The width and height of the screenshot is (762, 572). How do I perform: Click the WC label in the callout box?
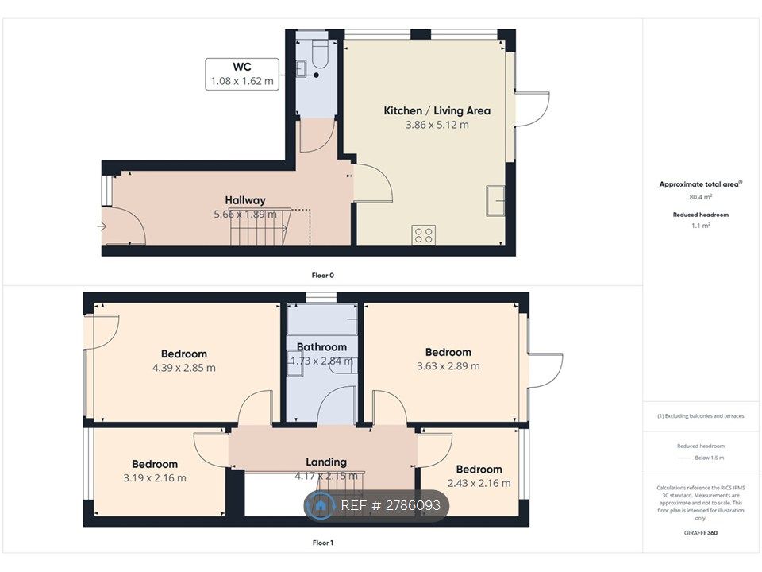pos(241,68)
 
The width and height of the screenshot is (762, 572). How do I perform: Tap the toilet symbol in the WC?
pos(320,53)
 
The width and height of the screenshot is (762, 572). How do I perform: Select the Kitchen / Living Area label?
pos(437,110)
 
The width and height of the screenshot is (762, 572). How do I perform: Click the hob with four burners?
pos(424,234)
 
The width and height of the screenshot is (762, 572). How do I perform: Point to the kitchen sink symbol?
pos(497,199)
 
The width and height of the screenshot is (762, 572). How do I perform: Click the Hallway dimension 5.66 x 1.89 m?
pos(244,214)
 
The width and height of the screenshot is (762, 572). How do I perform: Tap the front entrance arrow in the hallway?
pos(102,227)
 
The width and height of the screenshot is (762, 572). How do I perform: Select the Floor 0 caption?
pos(322,275)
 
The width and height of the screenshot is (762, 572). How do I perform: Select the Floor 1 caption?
pos(322,543)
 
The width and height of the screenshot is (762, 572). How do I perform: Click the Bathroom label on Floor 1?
pos(321,347)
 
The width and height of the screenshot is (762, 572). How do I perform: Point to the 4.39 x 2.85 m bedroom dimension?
pos(183,368)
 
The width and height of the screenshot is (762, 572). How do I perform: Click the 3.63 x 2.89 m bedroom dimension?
pos(448,366)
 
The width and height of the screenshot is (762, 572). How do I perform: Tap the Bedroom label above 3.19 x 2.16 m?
pos(155,464)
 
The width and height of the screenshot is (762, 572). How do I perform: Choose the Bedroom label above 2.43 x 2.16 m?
pos(479,469)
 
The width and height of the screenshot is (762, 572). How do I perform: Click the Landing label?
pos(326,462)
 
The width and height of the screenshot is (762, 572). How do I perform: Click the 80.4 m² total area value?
pos(701,196)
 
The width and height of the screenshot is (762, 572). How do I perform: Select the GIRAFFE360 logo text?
pos(701,533)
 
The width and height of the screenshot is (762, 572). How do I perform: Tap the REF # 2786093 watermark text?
pos(391,506)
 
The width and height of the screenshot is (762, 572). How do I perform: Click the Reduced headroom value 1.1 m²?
pos(701,226)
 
